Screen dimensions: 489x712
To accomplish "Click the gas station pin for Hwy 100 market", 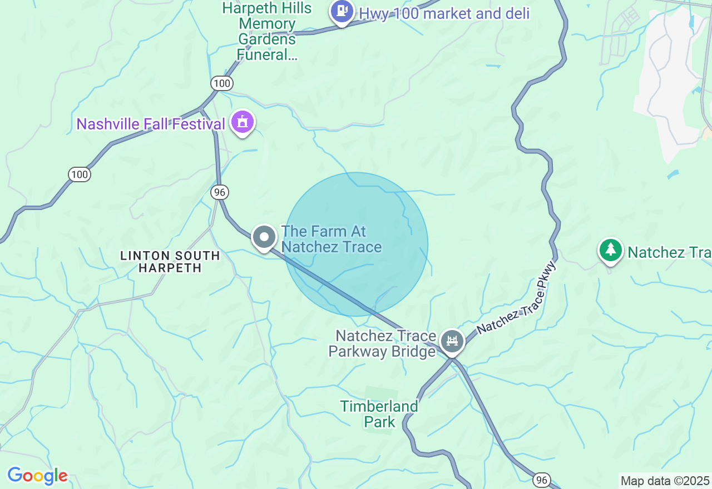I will pos(342,12).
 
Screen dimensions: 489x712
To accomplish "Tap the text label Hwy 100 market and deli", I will pos(444,13).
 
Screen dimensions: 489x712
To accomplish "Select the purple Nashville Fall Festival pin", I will pos(243,122).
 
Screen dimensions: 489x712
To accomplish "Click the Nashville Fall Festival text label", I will pos(151,124).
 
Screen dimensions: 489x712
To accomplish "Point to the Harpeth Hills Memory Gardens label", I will pos(267,31).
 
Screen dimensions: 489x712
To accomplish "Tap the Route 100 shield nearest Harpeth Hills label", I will pos(221,83).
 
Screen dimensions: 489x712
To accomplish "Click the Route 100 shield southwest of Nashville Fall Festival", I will pos(80,174).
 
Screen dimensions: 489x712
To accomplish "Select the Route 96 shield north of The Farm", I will pos(220,192).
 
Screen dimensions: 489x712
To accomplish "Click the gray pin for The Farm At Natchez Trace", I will pos(264,237).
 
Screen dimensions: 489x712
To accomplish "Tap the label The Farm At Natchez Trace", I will pos(332,239).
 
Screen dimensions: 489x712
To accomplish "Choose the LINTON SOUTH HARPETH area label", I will pos(170,262).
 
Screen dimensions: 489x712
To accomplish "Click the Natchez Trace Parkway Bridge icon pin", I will pos(452,341).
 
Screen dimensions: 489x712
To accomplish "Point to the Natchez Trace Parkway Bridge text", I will pos(383,344).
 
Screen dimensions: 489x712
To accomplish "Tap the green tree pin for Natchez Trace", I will pos(610,250).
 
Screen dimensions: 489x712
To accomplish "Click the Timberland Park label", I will pos(379,414).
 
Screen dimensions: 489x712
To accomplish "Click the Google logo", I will pos(37,476).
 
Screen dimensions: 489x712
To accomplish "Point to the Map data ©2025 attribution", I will pos(665,481).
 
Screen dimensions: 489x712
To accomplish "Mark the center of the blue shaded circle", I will pos(356,244).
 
